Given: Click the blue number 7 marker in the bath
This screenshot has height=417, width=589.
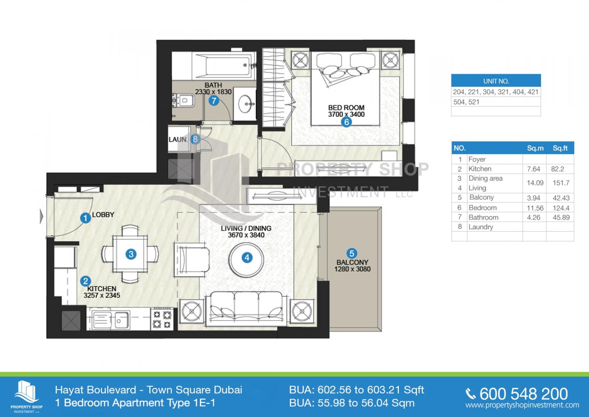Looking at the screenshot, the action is (214, 100).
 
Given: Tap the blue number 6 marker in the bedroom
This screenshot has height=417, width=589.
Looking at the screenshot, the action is (346, 122).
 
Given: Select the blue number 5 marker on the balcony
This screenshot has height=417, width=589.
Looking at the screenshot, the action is (351, 253).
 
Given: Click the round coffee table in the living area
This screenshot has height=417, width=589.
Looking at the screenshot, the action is (246, 259).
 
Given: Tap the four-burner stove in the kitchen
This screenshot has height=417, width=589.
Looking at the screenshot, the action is (162, 319).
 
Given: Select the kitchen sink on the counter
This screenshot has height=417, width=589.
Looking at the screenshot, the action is (110, 320).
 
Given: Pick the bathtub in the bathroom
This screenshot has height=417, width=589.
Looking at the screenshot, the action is (223, 66).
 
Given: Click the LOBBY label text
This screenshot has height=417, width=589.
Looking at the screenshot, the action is (103, 215).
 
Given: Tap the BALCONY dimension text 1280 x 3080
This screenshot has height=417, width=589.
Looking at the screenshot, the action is (352, 269).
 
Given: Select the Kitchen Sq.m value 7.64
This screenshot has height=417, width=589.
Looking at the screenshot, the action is (533, 169).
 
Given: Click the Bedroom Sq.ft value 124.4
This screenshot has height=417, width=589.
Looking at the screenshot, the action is (561, 208).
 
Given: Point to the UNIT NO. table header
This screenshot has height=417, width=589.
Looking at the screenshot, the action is (496, 81).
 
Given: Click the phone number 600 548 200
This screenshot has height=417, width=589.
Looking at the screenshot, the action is (523, 394).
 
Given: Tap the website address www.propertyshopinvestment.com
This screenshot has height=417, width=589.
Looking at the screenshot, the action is (522, 405).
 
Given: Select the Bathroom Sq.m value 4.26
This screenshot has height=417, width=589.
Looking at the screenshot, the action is (533, 217).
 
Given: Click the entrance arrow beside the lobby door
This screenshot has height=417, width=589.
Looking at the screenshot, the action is (41, 216).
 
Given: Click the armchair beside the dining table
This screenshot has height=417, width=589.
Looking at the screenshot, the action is (191, 260).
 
